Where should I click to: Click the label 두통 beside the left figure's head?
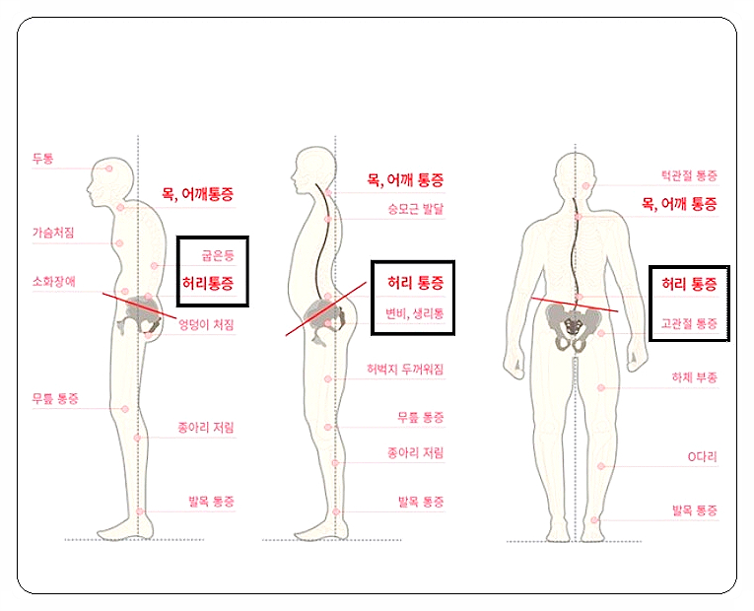(x=42, y=158)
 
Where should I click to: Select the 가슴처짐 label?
(x=53, y=233)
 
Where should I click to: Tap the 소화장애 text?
(x=54, y=281)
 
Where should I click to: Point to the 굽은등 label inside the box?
(x=218, y=255)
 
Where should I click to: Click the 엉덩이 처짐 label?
(x=206, y=325)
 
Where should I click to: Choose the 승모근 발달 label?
(x=416, y=209)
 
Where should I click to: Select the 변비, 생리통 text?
(x=415, y=314)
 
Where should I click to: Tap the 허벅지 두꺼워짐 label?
(x=405, y=370)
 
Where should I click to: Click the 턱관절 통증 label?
(x=689, y=175)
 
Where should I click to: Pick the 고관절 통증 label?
(x=689, y=323)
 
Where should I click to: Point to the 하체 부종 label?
(x=695, y=377)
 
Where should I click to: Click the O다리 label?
(x=703, y=456)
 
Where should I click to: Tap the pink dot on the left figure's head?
(x=109, y=169)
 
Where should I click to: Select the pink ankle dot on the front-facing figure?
(x=594, y=520)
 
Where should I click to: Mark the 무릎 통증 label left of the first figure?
(x=55, y=398)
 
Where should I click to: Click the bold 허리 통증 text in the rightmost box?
(x=689, y=284)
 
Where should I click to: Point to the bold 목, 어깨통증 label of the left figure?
(x=198, y=194)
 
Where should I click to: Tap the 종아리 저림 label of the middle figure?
(x=416, y=453)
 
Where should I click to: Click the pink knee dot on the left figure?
(x=125, y=409)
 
